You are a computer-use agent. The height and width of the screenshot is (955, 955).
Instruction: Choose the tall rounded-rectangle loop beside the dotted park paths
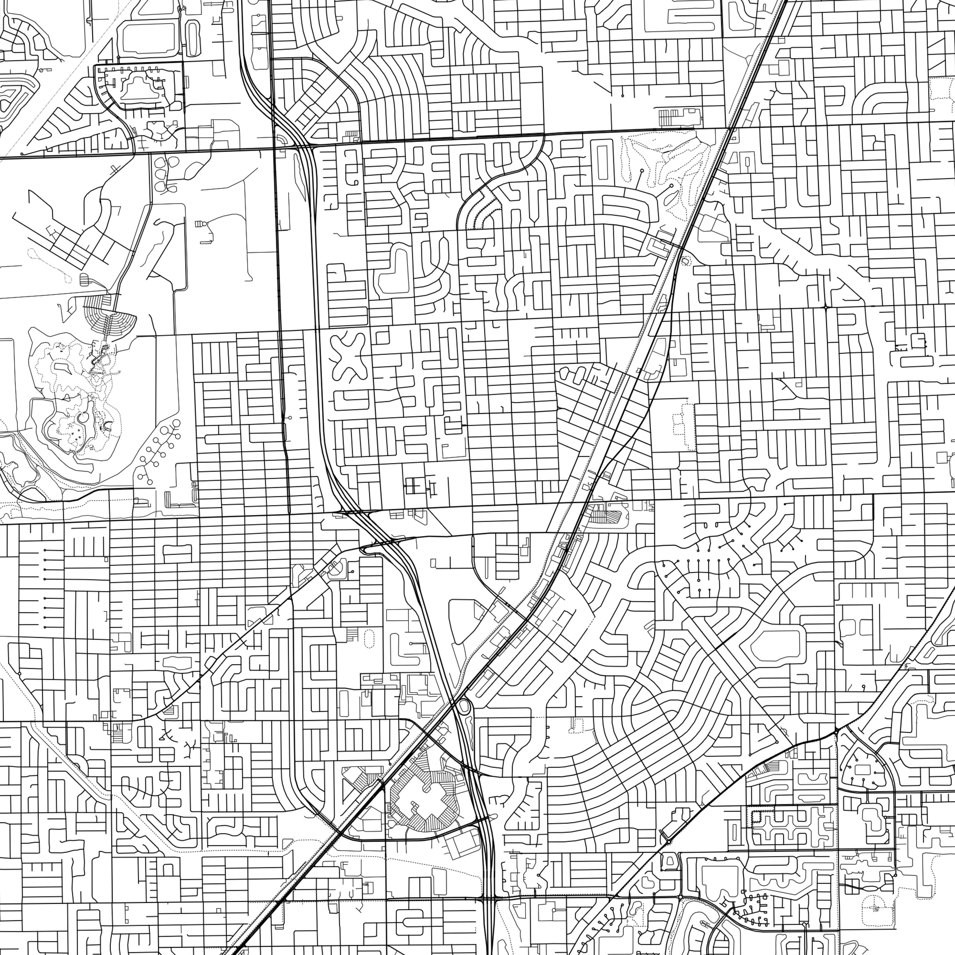tap(602, 159)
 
